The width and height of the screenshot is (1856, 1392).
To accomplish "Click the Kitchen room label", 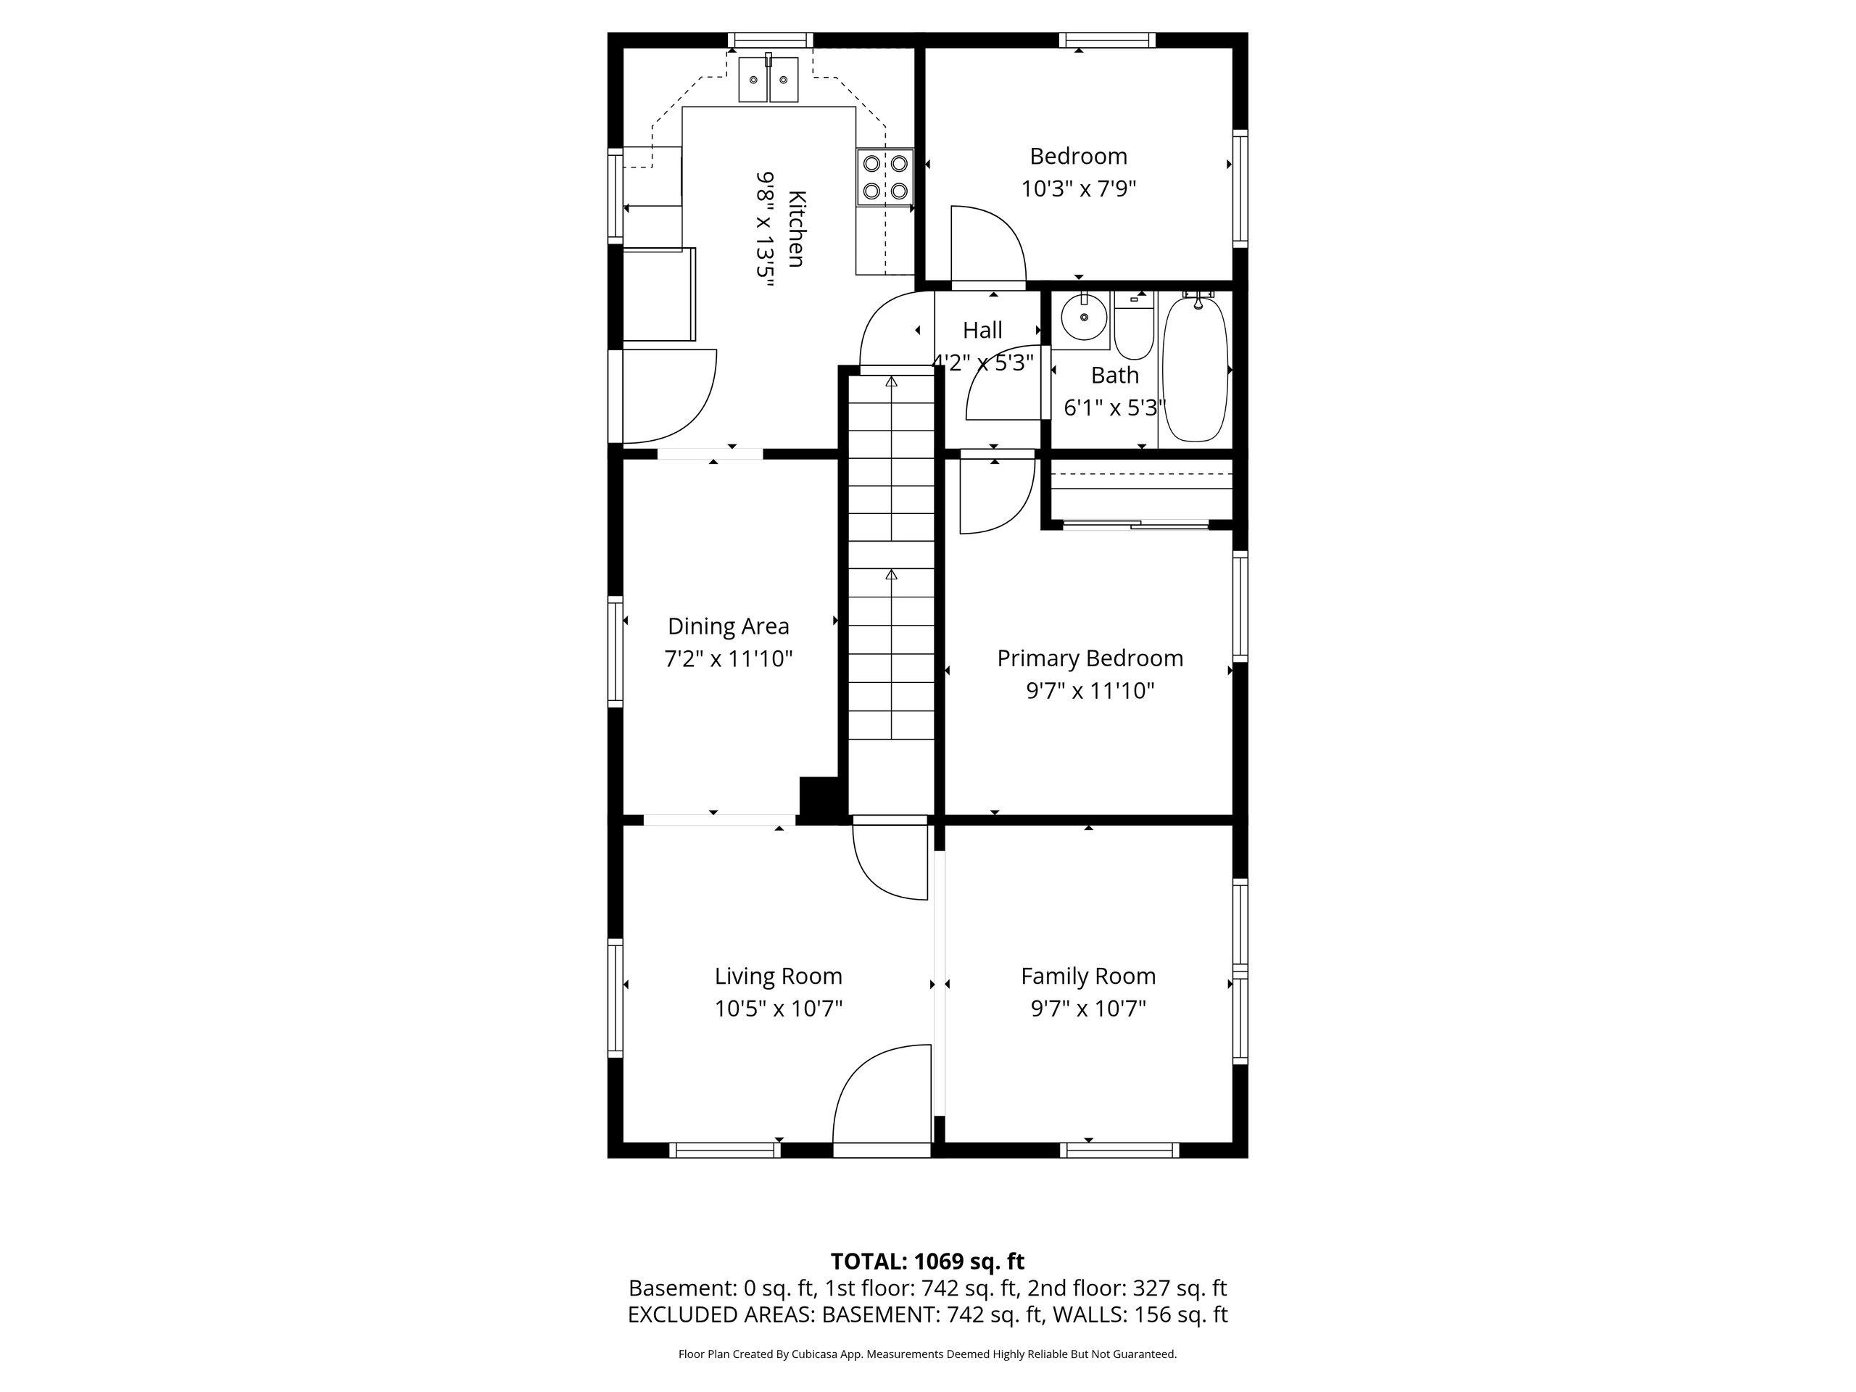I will tap(796, 229).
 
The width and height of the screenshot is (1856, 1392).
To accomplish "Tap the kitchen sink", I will tap(768, 80).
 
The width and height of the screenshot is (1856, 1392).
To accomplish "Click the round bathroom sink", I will tap(1082, 319).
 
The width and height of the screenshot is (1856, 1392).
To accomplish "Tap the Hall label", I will tap(982, 331).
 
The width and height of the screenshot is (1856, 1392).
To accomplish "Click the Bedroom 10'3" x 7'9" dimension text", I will tap(1078, 188).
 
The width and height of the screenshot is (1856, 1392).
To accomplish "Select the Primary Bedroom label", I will tap(1090, 658).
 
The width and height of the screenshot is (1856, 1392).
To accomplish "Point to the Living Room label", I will tap(778, 977).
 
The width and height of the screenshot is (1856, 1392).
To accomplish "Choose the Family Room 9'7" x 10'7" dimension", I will tap(1088, 1008).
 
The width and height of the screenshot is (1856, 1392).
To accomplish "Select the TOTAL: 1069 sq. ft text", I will tap(927, 1261).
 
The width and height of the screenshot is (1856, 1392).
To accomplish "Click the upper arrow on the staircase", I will tap(891, 383).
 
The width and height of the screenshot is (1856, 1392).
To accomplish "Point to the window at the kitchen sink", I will tap(769, 39).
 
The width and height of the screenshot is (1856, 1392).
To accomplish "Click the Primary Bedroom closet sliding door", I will tap(1136, 525).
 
